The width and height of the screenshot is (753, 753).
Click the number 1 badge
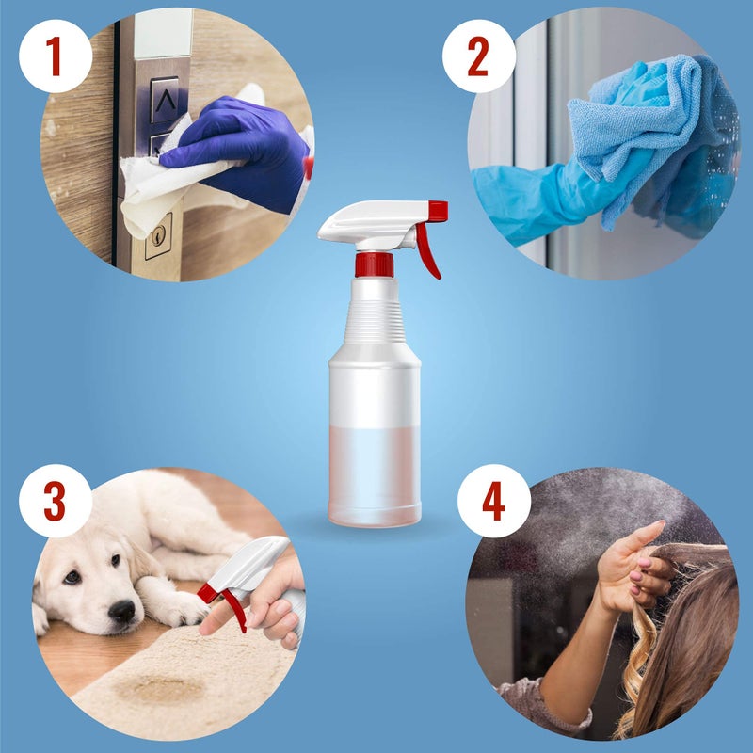[x=54, y=56]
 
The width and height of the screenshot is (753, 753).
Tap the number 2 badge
[x=478, y=56]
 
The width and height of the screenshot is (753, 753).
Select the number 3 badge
[x=55, y=502]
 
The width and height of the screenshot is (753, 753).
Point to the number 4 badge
[x=492, y=501]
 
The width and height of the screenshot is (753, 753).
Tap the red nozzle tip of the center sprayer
[x=438, y=211]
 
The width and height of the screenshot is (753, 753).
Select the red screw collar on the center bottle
[x=374, y=264]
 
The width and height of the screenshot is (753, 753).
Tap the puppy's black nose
[x=121, y=611]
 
